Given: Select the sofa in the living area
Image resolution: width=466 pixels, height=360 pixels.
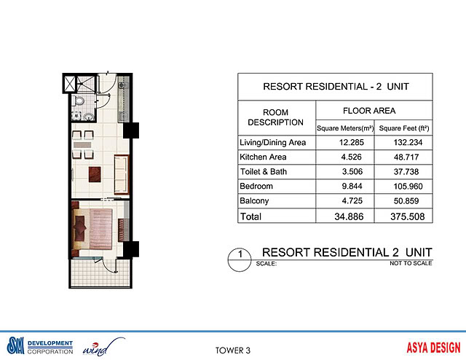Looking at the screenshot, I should tap(119, 173).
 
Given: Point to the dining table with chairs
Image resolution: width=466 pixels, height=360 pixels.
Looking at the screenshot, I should tap(82, 144).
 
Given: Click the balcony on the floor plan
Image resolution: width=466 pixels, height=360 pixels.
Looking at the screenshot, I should tap(99, 273).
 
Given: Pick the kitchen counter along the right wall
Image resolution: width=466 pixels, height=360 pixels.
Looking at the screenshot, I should tap(121, 102).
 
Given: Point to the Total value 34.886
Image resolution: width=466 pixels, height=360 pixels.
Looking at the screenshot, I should tap(344, 216).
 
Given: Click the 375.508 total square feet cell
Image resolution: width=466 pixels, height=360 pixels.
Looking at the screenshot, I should tap(403, 216).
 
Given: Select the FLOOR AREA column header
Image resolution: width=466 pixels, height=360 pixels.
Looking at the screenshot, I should tap(374, 111).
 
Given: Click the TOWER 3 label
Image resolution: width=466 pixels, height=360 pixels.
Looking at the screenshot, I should tap(233, 349).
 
